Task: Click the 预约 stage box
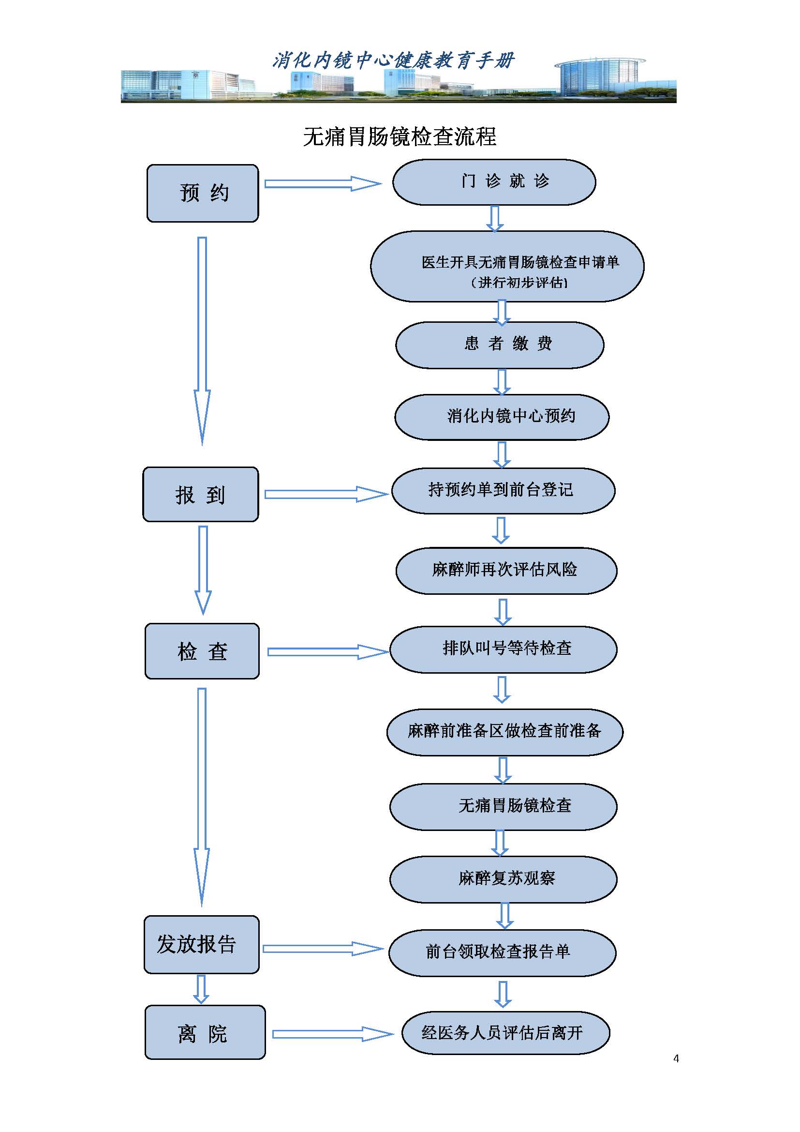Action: click(203, 193)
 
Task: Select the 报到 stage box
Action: click(201, 495)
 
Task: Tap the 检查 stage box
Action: click(202, 651)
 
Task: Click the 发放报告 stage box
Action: click(202, 945)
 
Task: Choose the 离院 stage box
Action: click(205, 1032)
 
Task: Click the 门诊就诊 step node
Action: click(494, 182)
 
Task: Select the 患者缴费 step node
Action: click(500, 345)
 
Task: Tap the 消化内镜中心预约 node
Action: click(502, 417)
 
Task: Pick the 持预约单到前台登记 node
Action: click(503, 491)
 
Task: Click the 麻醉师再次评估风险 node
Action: click(506, 571)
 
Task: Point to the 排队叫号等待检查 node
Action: click(503, 649)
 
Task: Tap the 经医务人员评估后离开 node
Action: click(505, 1033)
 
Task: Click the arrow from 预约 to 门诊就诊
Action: click(323, 184)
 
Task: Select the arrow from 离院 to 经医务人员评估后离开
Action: click(332, 1034)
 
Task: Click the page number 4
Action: click(676, 1058)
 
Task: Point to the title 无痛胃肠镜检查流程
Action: click(400, 136)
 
